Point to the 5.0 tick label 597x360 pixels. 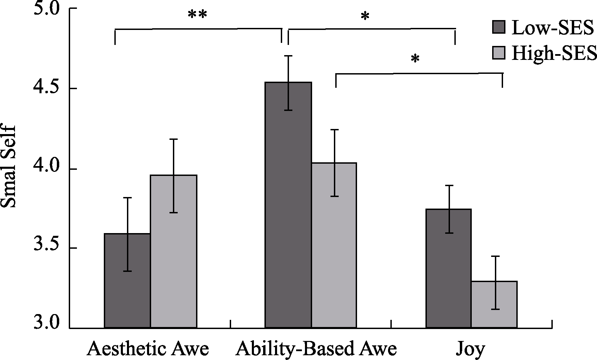tap(47, 9)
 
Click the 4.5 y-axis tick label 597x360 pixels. tap(47, 89)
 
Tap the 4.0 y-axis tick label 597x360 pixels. tap(47, 169)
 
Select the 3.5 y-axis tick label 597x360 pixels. tap(47, 249)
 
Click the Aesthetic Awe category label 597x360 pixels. tap(148, 349)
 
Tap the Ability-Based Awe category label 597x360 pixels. tap(317, 349)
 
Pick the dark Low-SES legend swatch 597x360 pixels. tap(499, 27)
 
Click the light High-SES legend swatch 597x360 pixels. tap(499, 53)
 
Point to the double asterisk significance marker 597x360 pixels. tap(197, 15)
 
